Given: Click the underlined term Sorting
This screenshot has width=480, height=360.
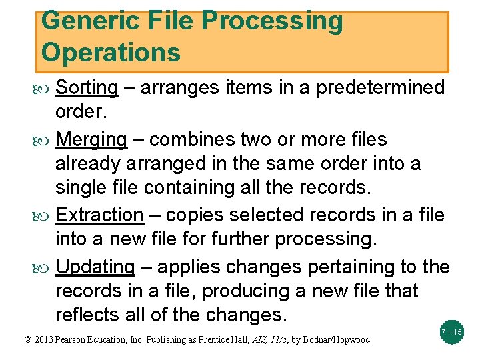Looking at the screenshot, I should coord(87,88).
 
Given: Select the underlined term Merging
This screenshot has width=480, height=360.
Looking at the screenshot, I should coord(91,140).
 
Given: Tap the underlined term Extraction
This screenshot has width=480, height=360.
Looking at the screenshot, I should coord(99,215).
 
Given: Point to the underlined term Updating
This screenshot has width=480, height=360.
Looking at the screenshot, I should coord(95,267).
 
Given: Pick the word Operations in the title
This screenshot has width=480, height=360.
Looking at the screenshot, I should coord(111,51).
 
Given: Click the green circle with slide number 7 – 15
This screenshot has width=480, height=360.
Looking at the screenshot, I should coord(452,331).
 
